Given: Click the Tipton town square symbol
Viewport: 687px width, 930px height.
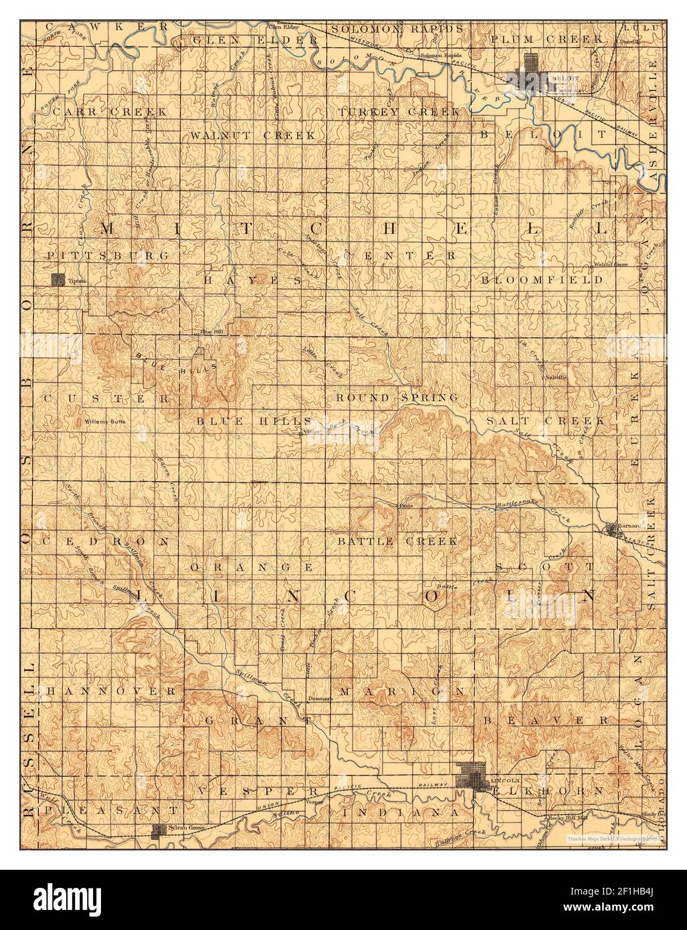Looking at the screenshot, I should pyautogui.click(x=59, y=280).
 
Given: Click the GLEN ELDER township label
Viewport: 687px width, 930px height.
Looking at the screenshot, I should pyautogui.click(x=254, y=40).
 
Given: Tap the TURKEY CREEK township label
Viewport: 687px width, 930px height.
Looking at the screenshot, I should pyautogui.click(x=399, y=111).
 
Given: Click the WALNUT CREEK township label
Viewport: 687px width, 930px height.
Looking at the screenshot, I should pyautogui.click(x=252, y=135).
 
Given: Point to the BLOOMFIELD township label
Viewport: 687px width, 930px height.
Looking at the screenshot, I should pyautogui.click(x=542, y=280).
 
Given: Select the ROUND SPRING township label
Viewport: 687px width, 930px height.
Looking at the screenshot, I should pyautogui.click(x=397, y=397).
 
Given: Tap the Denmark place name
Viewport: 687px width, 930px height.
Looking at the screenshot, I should pyautogui.click(x=320, y=699).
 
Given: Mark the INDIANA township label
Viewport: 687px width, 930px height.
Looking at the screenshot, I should pyautogui.click(x=400, y=812).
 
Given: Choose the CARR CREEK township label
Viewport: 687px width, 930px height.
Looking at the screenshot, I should pyautogui.click(x=110, y=112).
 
